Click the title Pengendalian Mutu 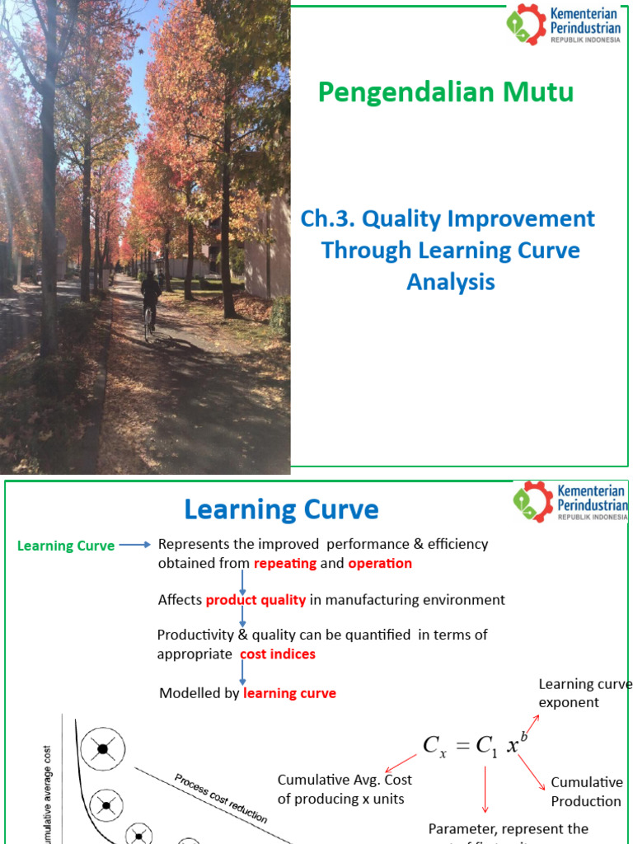[x=446, y=92]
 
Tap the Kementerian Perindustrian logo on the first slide [x=564, y=25]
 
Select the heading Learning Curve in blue [x=281, y=509]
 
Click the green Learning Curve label [x=66, y=546]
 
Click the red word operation [x=380, y=564]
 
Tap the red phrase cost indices [x=277, y=654]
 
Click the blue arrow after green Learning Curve [x=134, y=545]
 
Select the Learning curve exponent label [x=584, y=693]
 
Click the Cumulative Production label [x=586, y=791]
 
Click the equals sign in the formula [x=462, y=745]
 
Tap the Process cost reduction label [x=220, y=798]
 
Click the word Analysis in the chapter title [x=451, y=282]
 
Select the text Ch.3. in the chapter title [x=328, y=219]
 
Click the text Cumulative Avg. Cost [x=345, y=780]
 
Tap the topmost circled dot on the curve [x=102, y=748]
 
